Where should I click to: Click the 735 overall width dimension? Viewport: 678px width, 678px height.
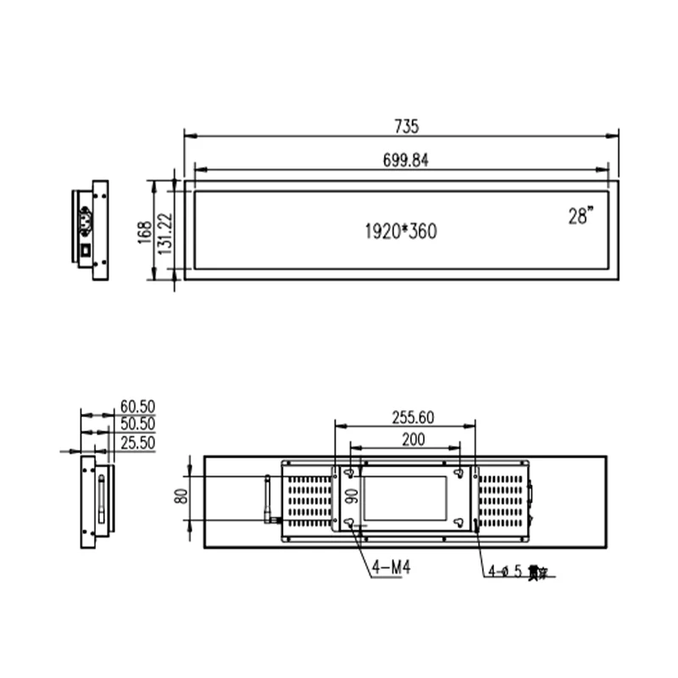(x=406, y=126)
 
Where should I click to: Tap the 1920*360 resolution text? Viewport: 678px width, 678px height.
(x=401, y=231)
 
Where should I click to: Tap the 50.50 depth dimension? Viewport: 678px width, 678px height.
(x=138, y=424)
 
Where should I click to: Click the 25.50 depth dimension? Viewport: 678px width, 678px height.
(x=138, y=442)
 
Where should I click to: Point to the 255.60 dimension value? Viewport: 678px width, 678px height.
(x=413, y=416)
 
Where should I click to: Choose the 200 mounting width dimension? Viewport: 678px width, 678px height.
(x=413, y=439)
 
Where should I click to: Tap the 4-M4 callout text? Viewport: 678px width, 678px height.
(x=391, y=568)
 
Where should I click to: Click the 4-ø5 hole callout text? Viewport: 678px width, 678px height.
(x=517, y=571)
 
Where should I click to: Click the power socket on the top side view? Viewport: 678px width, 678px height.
(x=86, y=224)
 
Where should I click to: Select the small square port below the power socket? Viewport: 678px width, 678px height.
(x=86, y=251)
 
